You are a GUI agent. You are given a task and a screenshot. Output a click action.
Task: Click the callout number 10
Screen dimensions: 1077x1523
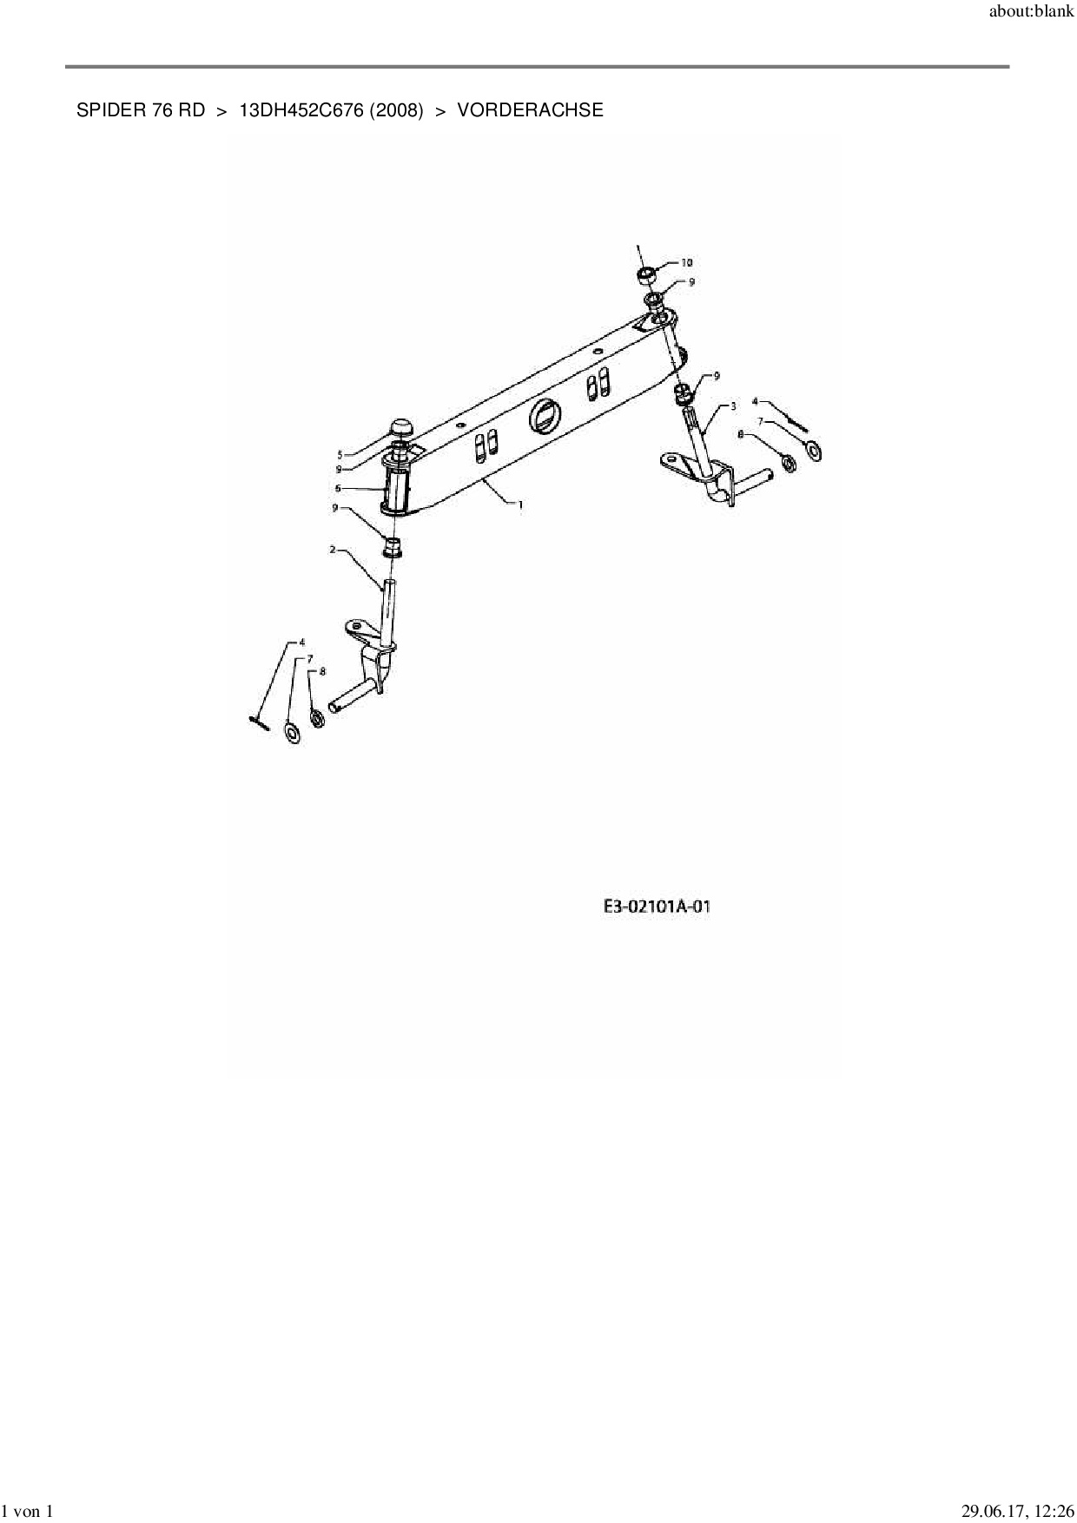pyautogui.click(x=686, y=262)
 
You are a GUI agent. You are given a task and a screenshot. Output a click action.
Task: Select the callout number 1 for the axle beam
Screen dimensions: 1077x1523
pyautogui.click(x=520, y=504)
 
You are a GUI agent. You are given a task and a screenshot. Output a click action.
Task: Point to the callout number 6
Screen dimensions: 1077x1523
pyautogui.click(x=338, y=488)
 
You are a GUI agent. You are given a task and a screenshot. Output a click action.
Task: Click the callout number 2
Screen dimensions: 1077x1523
pyautogui.click(x=333, y=550)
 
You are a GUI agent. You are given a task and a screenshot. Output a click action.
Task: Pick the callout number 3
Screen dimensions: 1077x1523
pyautogui.click(x=733, y=406)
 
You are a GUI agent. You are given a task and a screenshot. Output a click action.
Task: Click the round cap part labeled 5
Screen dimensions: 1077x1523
pyautogui.click(x=402, y=427)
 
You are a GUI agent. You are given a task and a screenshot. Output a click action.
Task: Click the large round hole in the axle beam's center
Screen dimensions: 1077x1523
pyautogui.click(x=543, y=417)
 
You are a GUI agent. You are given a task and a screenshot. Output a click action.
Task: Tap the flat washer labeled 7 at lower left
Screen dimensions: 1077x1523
pyautogui.click(x=293, y=734)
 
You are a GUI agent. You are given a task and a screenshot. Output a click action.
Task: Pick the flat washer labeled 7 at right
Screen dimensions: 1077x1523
pyautogui.click(x=814, y=451)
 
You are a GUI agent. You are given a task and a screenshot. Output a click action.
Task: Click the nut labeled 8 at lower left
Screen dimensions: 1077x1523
pyautogui.click(x=317, y=718)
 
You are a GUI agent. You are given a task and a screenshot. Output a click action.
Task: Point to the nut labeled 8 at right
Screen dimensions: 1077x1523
pyautogui.click(x=788, y=463)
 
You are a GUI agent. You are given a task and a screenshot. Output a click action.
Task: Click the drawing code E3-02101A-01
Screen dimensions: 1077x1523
pyautogui.click(x=657, y=907)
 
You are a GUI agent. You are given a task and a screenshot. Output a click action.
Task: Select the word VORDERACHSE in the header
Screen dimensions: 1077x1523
pyautogui.click(x=530, y=110)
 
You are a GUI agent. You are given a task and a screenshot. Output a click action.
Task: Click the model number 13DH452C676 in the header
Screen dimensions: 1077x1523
pyautogui.click(x=301, y=110)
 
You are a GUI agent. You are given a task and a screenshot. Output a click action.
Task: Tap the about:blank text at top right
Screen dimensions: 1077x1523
pyautogui.click(x=1031, y=13)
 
